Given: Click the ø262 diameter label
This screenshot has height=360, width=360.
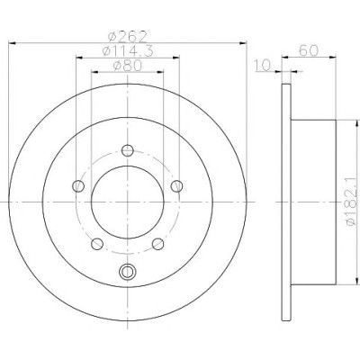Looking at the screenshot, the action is pyautogui.click(x=127, y=37).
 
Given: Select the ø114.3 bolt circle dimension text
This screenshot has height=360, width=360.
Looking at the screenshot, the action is pyautogui.click(x=128, y=51).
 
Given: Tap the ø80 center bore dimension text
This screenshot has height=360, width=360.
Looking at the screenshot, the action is pyautogui.click(x=128, y=66).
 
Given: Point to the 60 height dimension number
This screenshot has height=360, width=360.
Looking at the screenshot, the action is pyautogui.click(x=309, y=50).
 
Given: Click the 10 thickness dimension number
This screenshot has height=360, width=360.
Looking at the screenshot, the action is pyautogui.click(x=262, y=66).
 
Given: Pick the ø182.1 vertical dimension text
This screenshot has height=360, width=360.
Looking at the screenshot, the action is pyautogui.click(x=352, y=202).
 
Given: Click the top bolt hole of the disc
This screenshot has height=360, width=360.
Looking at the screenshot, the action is pyautogui.click(x=128, y=150).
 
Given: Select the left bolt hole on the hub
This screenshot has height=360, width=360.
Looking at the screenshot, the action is pyautogui.click(x=78, y=186).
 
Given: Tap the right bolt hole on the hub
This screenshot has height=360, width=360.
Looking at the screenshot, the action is pyautogui.click(x=177, y=186).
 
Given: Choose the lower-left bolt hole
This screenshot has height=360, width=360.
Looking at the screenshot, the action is pyautogui.click(x=97, y=244).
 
